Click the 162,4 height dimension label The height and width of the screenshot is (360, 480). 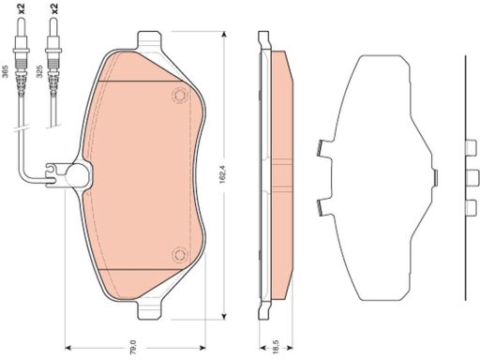(223, 174)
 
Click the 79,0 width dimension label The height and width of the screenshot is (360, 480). (133, 347)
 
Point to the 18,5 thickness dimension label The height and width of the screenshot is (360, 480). (276, 347)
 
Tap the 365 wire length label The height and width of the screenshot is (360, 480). (6, 71)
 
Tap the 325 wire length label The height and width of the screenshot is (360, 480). (39, 71)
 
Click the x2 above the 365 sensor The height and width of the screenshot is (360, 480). (22, 8)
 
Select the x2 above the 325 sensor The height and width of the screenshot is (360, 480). (54, 8)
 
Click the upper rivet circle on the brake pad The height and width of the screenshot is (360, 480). (180, 95)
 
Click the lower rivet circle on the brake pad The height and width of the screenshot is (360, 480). (180, 255)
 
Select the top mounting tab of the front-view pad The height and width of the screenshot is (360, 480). (149, 39)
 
